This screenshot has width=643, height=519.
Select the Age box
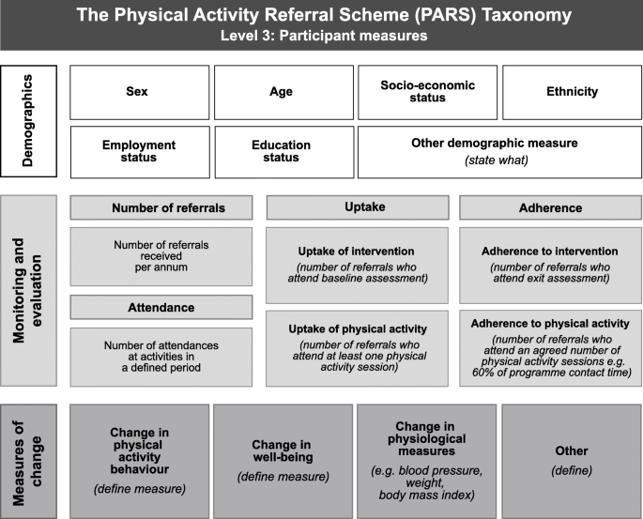click(x=282, y=92)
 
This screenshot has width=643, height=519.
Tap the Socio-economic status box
click(x=427, y=92)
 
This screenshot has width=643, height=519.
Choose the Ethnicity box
click(x=571, y=92)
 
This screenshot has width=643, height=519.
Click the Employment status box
click(x=139, y=151)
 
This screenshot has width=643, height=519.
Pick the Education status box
click(x=282, y=151)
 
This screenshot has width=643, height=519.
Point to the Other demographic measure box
click(x=498, y=151)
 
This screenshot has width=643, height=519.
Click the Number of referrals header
click(x=161, y=207)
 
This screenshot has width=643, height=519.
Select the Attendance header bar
click(x=161, y=307)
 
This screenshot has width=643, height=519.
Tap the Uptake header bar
click(x=356, y=207)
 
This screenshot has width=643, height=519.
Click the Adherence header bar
click(x=549, y=207)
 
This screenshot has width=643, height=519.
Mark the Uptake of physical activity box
click(x=356, y=347)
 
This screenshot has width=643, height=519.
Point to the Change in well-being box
click(x=282, y=458)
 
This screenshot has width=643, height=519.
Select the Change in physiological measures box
click(x=427, y=458)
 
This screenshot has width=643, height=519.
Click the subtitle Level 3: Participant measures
click(x=321, y=36)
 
